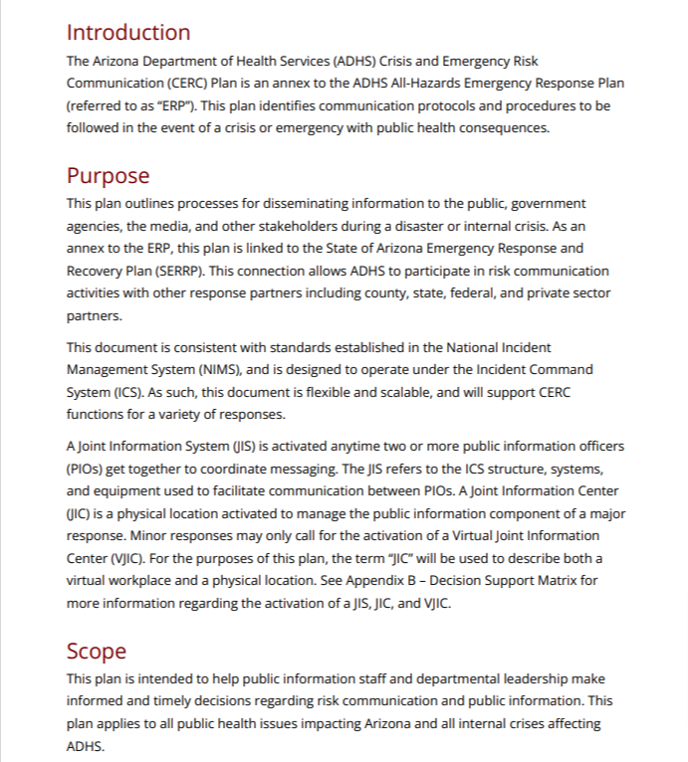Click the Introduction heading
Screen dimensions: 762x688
(128, 33)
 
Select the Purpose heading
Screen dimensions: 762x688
(108, 176)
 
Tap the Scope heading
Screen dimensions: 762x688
(97, 652)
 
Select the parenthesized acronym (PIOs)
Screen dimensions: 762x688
(88, 469)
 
